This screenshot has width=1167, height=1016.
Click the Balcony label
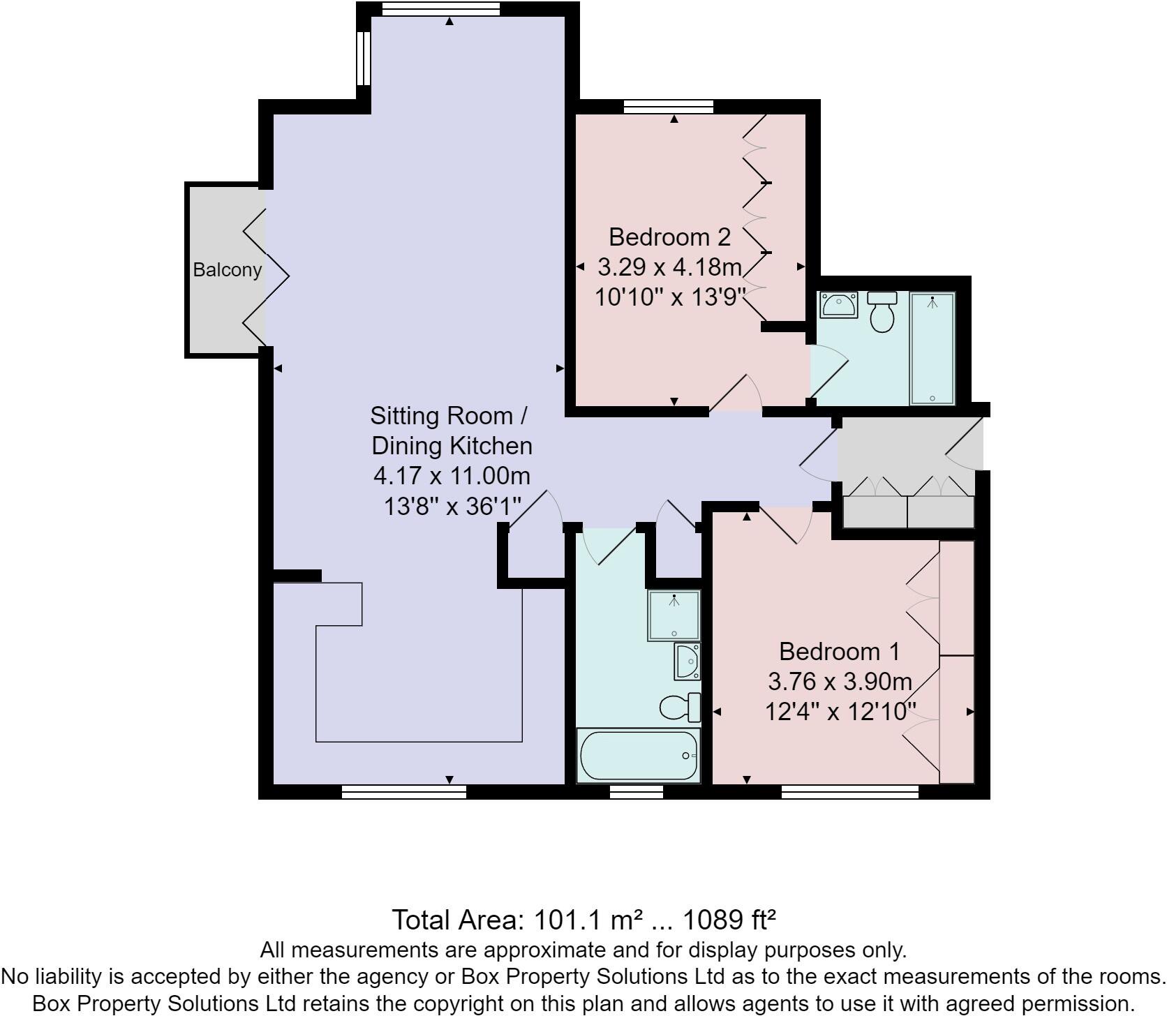click(227, 270)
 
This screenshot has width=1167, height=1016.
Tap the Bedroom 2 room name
click(669, 237)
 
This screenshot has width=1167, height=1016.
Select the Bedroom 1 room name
click(839, 652)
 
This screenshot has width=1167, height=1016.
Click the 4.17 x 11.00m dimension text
click(452, 476)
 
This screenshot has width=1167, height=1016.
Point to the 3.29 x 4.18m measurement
click(669, 267)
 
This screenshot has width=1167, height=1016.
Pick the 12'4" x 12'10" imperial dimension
click(840, 712)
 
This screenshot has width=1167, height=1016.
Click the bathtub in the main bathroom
click(638, 756)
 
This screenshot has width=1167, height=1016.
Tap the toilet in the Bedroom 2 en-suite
click(882, 311)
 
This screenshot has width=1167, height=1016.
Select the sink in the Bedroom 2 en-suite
click(838, 305)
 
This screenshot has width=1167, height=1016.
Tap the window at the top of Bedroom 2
click(668, 106)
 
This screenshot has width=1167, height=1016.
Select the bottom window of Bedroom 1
click(849, 791)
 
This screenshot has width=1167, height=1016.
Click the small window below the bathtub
click(636, 791)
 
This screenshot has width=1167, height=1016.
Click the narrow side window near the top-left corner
click(363, 58)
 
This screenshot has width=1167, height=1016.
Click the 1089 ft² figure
click(729, 920)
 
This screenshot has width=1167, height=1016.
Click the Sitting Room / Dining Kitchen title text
click(451, 431)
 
